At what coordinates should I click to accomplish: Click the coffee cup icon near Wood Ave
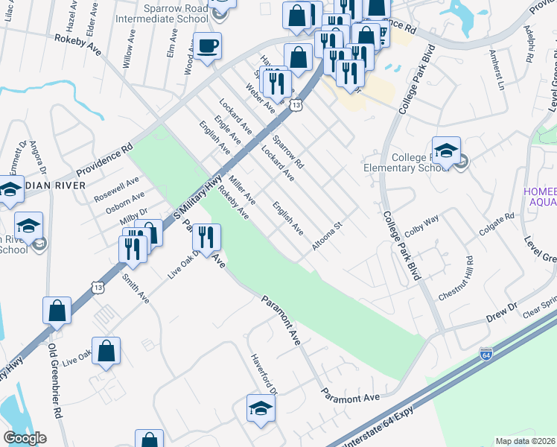pos(207,46)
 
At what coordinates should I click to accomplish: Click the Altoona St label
pos(327,235)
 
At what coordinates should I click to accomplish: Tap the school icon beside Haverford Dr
pos(261,409)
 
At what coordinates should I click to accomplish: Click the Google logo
pos(25,437)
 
